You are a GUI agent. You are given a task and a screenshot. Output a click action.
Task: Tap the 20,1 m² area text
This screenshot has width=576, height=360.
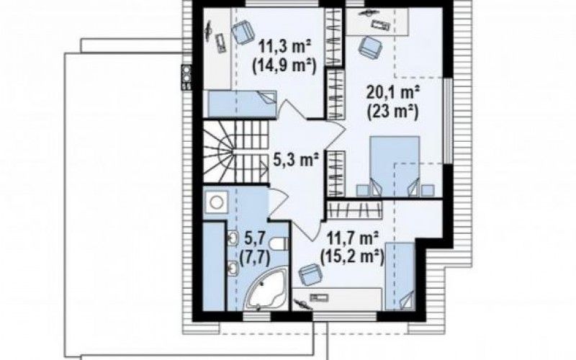pos(393,93)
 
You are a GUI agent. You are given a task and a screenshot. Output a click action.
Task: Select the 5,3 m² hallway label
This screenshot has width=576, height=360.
pos(296,159)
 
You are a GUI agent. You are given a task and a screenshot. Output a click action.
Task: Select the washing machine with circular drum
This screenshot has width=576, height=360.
pos(215,202)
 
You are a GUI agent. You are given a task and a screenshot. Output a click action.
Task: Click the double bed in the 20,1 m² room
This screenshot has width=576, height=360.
pos(394,166)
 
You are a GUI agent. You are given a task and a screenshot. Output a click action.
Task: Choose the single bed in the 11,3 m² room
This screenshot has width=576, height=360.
pos(243,103)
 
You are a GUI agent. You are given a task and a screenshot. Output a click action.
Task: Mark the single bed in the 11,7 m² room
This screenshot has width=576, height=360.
pos(400,276)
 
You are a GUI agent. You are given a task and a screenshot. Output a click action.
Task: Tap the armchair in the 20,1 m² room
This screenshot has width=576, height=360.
pos(370,47)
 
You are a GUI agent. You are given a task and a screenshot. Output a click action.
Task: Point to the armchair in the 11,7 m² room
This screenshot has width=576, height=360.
pos(311,274)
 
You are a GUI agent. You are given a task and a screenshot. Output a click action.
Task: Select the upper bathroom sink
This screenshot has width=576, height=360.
pos(233,238)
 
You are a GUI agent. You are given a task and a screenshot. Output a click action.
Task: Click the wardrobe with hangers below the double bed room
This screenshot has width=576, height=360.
pos(355,210)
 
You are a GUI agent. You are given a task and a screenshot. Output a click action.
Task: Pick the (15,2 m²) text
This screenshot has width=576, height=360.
pos(352,257)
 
